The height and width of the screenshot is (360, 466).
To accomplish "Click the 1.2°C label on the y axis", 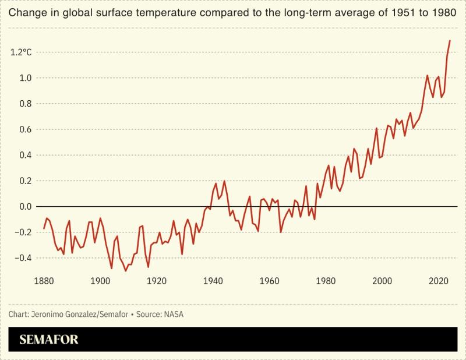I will [x=21, y=52].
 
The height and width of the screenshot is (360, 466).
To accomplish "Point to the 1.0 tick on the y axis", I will [x=26, y=78].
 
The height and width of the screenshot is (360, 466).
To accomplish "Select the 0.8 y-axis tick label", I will [x=26, y=104].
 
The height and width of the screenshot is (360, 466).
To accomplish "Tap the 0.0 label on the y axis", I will [x=26, y=207].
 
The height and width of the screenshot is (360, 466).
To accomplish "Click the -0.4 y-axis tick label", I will [x=24, y=258].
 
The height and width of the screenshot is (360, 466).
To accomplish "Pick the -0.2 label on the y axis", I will [x=24, y=232].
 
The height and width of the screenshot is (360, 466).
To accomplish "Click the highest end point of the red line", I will [x=450, y=40].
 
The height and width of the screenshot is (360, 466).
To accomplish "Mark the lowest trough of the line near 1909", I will [x=125, y=271].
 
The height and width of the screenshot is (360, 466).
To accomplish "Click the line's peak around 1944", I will [x=224, y=181].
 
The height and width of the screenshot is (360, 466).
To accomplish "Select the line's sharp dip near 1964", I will [x=281, y=232].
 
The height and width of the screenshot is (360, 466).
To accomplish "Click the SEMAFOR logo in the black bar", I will [x=49, y=339].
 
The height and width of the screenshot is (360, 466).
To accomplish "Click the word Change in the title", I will [x=25, y=12].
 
